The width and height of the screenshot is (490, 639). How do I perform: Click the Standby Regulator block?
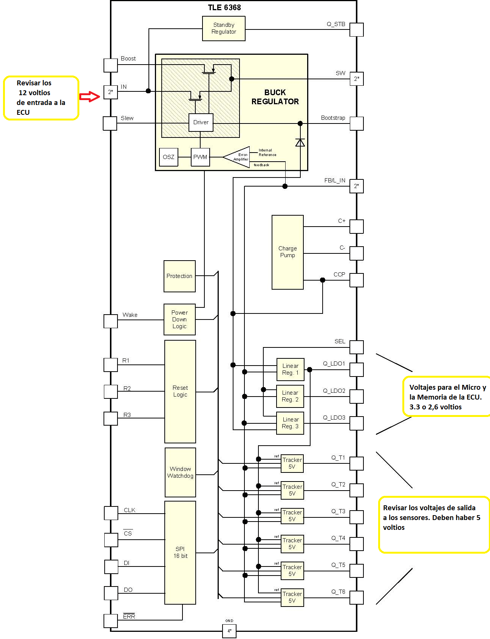[224, 28]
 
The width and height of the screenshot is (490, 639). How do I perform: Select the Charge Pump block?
[288, 252]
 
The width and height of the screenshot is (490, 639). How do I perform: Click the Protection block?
[179, 276]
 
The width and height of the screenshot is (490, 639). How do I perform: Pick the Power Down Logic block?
[179, 319]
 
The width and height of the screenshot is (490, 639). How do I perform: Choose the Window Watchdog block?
[180, 472]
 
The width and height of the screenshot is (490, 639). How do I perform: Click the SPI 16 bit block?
[180, 553]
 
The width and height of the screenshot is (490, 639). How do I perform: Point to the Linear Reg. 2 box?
[290, 396]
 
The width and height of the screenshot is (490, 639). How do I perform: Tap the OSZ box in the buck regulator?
[168, 157]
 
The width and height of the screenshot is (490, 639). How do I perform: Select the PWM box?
[200, 157]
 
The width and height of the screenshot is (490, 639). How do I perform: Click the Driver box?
[201, 122]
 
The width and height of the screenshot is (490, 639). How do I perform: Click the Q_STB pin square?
[356, 29]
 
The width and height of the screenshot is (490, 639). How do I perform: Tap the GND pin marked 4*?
[229, 631]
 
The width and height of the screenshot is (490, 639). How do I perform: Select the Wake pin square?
[111, 321]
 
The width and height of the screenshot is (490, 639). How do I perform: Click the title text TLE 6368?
[224, 8]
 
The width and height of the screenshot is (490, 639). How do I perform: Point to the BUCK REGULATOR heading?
[275, 97]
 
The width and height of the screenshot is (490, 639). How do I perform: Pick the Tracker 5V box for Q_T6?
[292, 597]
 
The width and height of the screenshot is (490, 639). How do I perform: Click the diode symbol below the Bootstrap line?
[300, 143]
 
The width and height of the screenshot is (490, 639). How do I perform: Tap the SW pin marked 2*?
[356, 79]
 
